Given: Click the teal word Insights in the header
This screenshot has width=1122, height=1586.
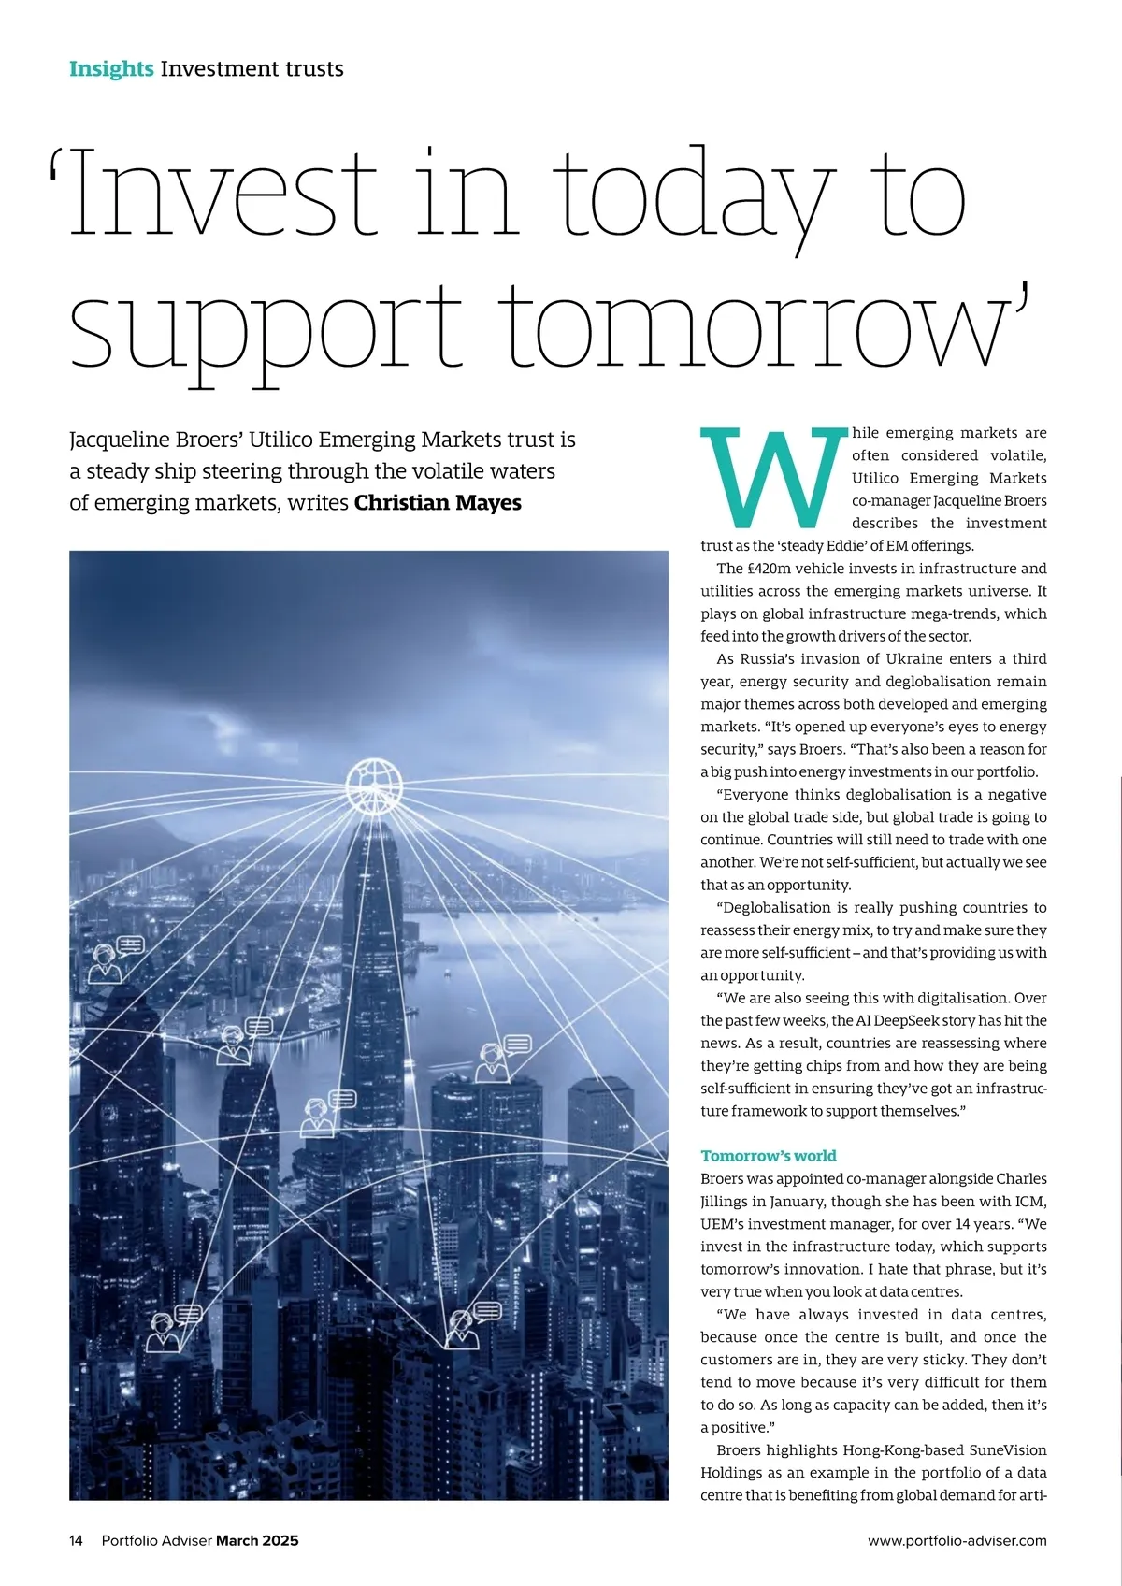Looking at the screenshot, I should pyautogui.click(x=111, y=69).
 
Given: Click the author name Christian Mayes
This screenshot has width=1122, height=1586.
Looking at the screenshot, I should pyautogui.click(x=438, y=503).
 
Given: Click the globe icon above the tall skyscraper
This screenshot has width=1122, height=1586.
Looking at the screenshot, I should pyautogui.click(x=374, y=786).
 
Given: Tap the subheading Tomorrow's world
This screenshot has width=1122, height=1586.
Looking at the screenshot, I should pyautogui.click(x=769, y=1156).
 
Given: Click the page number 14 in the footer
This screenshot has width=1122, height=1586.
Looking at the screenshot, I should pyautogui.click(x=77, y=1540).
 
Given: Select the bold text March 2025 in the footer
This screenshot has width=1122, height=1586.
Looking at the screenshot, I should pyautogui.click(x=257, y=1540).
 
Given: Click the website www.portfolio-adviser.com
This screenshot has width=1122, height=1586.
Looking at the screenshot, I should pyautogui.click(x=957, y=1540).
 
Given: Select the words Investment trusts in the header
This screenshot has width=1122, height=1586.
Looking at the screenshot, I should pyautogui.click(x=252, y=69).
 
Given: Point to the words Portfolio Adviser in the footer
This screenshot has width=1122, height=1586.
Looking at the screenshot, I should pyautogui.click(x=156, y=1540).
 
